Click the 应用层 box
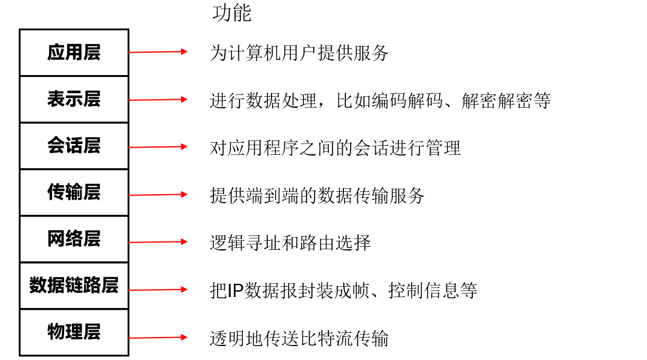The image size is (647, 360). (74, 53)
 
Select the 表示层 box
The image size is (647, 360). (74, 99)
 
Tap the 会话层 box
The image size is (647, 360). (74, 146)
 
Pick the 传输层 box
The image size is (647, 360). (74, 192)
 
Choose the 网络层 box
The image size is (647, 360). (74, 239)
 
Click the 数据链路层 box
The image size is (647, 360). (74, 286)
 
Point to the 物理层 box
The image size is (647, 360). (74, 332)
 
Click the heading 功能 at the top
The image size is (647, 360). (232, 13)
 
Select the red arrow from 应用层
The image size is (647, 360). (158, 52)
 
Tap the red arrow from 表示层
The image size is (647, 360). (158, 99)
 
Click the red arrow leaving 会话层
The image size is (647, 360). (158, 146)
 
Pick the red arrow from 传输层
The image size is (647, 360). (158, 195)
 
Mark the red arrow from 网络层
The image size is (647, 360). (158, 242)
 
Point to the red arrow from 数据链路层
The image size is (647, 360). (158, 290)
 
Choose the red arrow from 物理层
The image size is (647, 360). (158, 338)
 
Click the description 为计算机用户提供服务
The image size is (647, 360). (299, 53)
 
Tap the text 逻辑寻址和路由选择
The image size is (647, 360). (290, 243)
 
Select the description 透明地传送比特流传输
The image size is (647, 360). (299, 338)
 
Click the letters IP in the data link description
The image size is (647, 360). (235, 291)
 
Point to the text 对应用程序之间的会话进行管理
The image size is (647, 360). (335, 148)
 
